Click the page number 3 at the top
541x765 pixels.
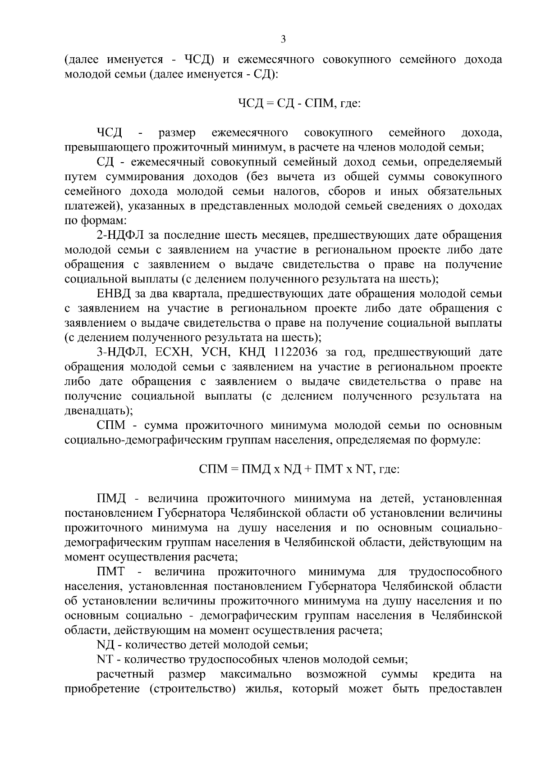[x=283, y=39]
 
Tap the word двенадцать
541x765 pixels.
[x=96, y=411]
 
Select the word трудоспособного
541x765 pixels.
[x=455, y=572]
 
